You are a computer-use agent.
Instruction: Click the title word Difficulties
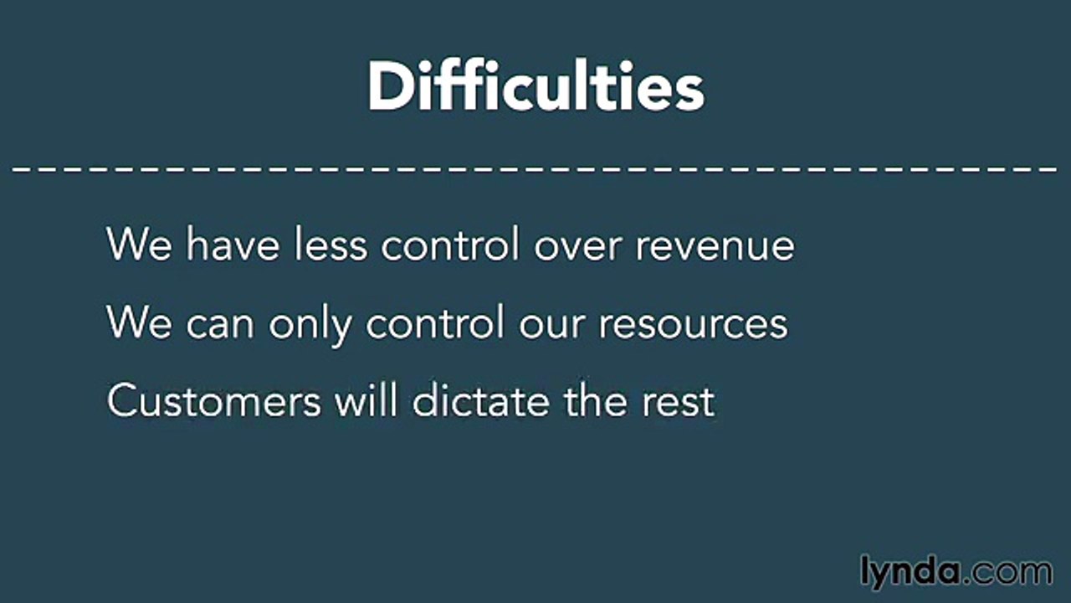point(535,87)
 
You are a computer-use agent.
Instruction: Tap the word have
point(233,245)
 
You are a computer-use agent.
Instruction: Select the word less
point(331,245)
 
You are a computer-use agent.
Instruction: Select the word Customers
point(213,401)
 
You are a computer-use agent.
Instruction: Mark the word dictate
point(481,400)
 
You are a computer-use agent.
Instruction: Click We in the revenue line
point(138,245)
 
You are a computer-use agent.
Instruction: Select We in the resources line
point(138,323)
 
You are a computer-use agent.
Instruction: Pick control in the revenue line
point(451,245)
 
